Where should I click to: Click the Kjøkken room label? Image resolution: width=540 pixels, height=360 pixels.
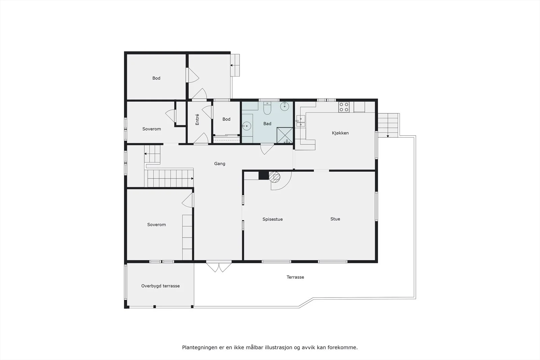[340, 133]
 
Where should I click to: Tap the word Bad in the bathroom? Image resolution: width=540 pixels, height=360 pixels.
[267, 123]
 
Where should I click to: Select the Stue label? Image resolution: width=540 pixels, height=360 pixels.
[335, 219]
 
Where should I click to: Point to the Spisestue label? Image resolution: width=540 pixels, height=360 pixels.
[272, 219]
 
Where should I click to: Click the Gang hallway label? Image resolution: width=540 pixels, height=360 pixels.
[220, 164]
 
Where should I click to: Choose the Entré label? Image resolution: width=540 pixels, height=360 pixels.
[197, 119]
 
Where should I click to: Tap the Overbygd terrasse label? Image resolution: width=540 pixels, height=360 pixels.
[160, 286]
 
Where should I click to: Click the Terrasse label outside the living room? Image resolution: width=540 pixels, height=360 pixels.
[295, 277]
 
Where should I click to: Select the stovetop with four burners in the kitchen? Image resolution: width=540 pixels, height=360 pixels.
[344, 107]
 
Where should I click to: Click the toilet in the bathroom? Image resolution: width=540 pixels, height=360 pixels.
[267, 108]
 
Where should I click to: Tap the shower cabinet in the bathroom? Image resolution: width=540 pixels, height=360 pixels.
[285, 135]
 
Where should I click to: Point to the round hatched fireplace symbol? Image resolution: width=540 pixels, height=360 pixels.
[274, 177]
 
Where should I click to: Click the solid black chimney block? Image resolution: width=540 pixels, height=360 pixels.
[264, 175]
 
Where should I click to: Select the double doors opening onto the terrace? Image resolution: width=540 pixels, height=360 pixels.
[219, 267]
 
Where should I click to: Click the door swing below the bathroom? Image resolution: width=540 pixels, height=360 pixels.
[267, 149]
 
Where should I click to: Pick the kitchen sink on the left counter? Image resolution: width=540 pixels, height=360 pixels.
[300, 121]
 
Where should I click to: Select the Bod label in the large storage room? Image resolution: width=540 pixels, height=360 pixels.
[156, 78]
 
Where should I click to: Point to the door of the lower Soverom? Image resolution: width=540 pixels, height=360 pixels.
[188, 200]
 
